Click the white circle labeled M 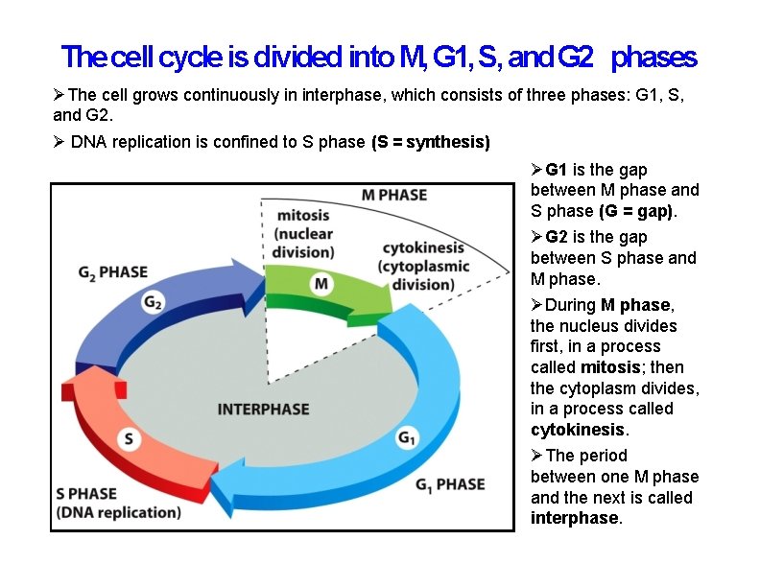[322, 283]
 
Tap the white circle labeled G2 [153, 302]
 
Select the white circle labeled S [130, 439]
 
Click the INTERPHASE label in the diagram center [264, 409]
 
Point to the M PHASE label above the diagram [394, 195]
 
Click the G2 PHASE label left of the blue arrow [113, 272]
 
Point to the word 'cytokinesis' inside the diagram [423, 248]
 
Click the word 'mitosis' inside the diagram [304, 215]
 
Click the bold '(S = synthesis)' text [430, 142]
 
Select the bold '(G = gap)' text [637, 211]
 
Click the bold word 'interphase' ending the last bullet [574, 518]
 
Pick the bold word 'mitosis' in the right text [611, 367]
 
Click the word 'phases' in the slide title [653, 58]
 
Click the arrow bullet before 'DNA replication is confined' [59, 142]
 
